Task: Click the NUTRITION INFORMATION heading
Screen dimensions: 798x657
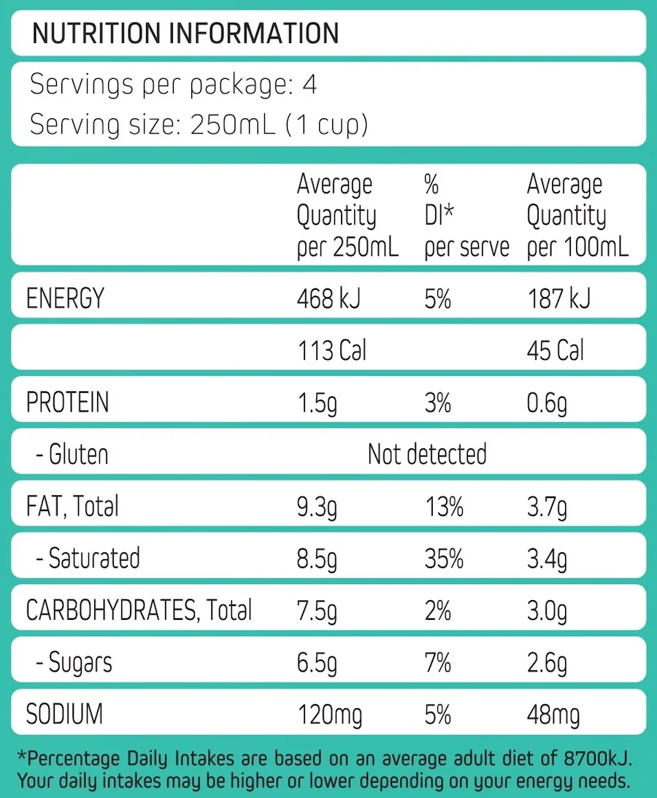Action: coord(185,34)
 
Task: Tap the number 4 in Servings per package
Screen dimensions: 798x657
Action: coord(310,85)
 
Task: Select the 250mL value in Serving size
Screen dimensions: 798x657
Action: coord(232,125)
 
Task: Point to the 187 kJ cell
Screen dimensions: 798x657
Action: coord(558,299)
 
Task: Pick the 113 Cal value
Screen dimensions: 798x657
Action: coord(332,351)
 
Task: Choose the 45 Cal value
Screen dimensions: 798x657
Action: coord(556,351)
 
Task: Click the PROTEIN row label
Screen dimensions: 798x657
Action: coord(67,403)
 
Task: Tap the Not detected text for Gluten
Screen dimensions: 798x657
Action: coord(427,454)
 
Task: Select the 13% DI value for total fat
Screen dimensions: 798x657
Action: coord(444,506)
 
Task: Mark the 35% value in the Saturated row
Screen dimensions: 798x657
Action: coord(444,559)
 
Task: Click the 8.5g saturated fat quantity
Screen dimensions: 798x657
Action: coord(318,559)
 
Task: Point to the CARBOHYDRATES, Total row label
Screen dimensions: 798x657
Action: coord(139,610)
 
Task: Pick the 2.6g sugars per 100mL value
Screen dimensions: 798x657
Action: coord(547,663)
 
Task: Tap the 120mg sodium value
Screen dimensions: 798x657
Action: coord(330,715)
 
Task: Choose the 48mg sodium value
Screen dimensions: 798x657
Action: coord(553,715)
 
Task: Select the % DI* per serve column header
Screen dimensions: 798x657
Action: coord(466,216)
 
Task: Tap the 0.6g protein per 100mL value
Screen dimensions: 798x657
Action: coord(547,403)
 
